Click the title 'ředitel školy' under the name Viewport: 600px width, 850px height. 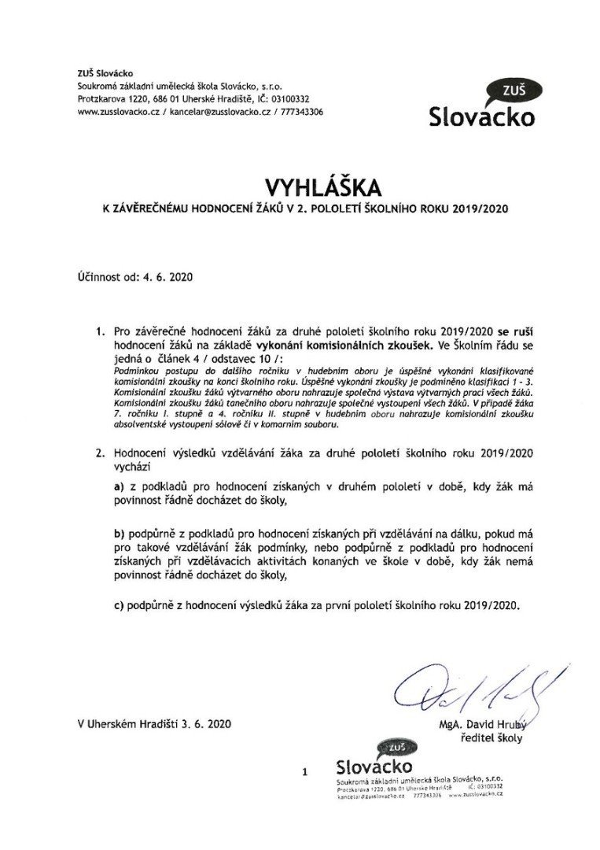point(491,738)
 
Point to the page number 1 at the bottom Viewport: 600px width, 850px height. point(304,773)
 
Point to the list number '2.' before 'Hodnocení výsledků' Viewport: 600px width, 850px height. point(100,453)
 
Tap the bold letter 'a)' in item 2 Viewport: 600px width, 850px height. point(120,488)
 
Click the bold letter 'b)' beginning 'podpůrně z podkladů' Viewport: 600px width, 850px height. point(120,534)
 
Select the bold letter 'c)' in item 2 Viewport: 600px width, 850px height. point(120,607)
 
